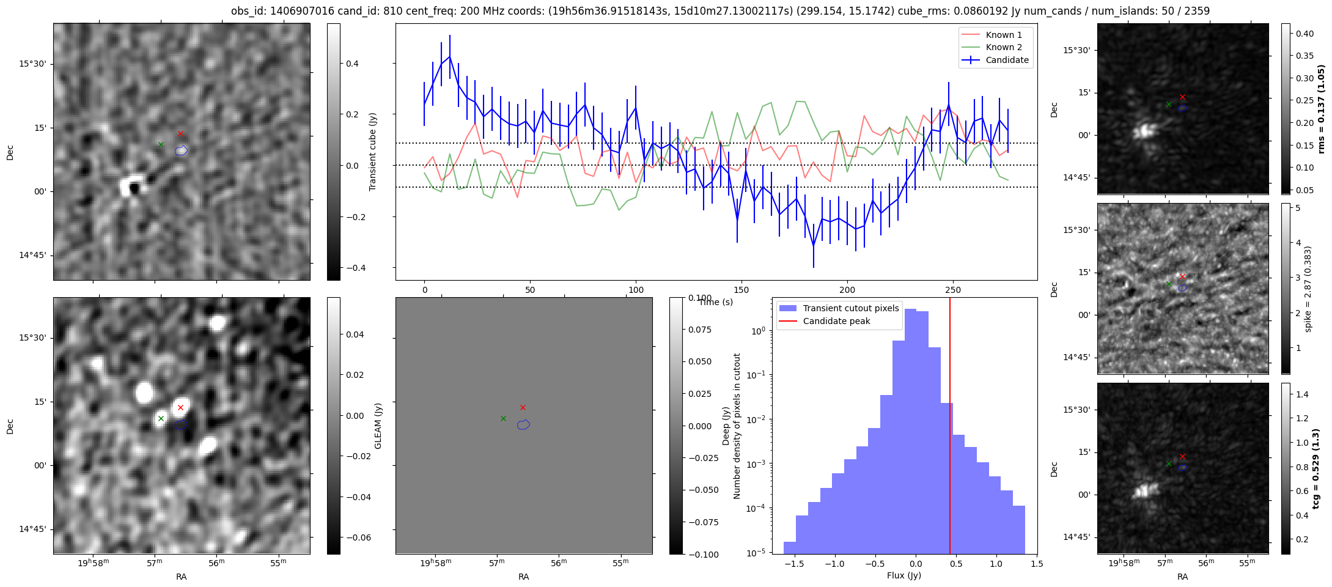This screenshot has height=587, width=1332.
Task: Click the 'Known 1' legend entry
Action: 1003,35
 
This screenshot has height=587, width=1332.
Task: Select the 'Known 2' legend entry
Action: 1003,47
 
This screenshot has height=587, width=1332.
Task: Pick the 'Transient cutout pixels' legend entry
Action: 850,308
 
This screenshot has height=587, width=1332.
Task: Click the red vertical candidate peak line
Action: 950,428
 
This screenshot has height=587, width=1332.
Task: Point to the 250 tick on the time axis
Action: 953,290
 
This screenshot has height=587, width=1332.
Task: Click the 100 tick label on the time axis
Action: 636,290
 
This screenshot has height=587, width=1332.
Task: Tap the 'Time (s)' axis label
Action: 715,302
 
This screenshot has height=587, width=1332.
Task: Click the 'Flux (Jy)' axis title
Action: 903,575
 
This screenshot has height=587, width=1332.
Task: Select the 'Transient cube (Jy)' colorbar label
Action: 372,152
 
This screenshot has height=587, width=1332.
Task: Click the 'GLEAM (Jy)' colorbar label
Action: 378,426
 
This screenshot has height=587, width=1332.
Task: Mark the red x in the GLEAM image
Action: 180,407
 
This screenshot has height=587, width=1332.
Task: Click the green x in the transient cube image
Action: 161,144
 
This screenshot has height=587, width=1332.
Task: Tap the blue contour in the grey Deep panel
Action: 523,424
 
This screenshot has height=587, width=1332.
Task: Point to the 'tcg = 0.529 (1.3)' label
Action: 1315,468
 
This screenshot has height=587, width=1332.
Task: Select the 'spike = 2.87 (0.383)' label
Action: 1308,289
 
